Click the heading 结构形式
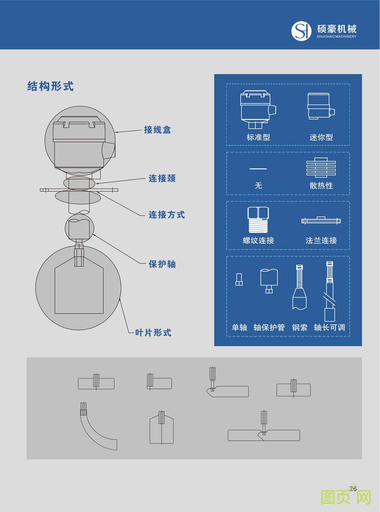50,87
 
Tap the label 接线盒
157,130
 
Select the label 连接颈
162,179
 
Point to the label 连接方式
167,214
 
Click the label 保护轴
162,264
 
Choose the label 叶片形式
153,333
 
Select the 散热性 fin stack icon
321,167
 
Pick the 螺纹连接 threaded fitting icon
258,220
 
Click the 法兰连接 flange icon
321,221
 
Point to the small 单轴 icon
239,279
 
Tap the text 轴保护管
269,327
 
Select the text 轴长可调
329,327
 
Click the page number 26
353,488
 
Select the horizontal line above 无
258,169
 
